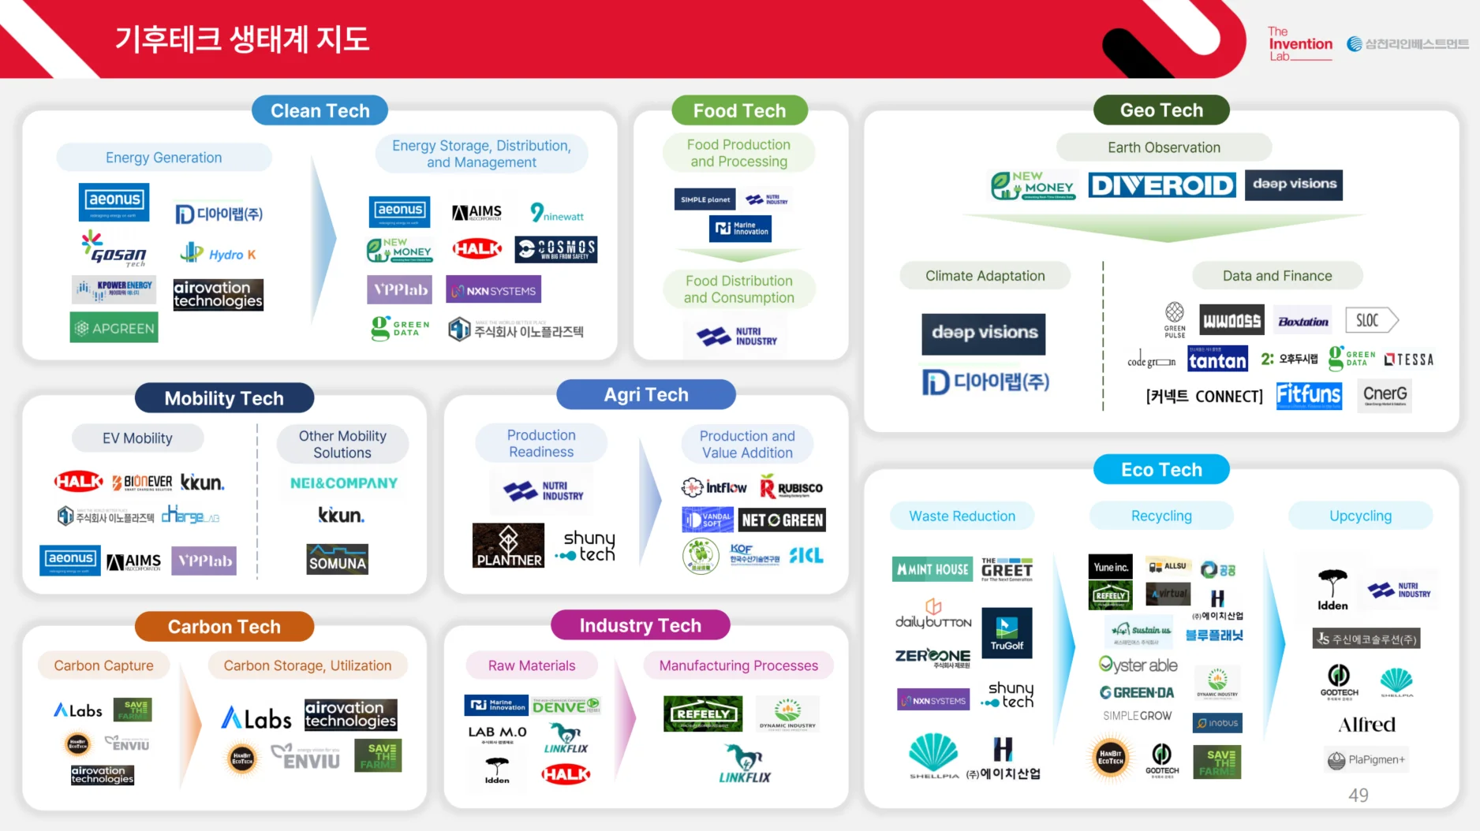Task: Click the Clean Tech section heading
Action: [x=320, y=110]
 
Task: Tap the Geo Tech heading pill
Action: [x=1161, y=110]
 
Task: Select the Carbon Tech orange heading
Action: [x=224, y=627]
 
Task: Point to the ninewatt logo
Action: [x=557, y=213]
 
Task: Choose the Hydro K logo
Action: [x=218, y=254]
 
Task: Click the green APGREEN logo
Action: [x=114, y=328]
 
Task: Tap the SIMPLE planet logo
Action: [x=704, y=199]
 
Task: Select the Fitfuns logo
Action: [x=1308, y=394]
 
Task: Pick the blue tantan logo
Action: [x=1217, y=360]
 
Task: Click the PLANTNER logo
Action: [x=508, y=546]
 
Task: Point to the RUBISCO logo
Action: [x=791, y=488]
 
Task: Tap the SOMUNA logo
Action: [x=338, y=559]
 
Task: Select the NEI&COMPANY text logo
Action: [x=344, y=483]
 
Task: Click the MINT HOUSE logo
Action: [x=932, y=569]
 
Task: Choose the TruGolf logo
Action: [x=1007, y=633]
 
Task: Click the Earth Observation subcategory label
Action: [x=1164, y=147]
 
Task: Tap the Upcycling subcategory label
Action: [x=1360, y=516]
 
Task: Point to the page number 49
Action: [x=1358, y=796]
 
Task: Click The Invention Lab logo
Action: [x=1299, y=44]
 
